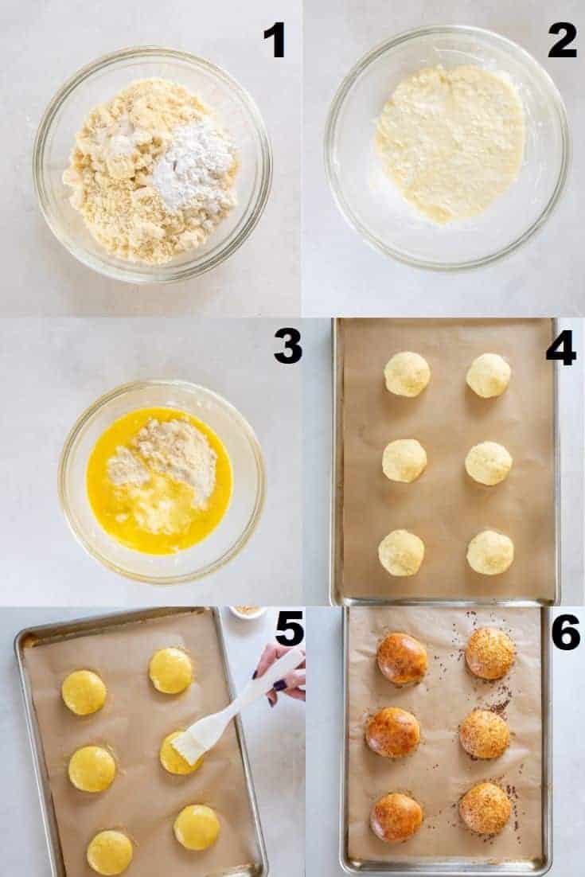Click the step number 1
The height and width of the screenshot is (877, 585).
point(275,40)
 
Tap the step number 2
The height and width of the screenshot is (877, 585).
point(562,40)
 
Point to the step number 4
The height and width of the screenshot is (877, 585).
point(561,348)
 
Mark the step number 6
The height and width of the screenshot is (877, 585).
point(565,631)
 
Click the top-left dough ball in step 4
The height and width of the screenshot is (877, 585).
point(407,373)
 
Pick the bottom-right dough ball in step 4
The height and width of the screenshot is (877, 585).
point(489,552)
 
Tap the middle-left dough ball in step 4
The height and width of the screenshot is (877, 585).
point(405,460)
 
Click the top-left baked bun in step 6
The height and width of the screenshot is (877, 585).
point(402,658)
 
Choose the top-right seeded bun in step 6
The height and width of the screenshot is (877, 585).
point(490,653)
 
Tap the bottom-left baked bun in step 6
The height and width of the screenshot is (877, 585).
point(396,817)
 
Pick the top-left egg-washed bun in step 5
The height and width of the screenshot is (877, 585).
point(84,692)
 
